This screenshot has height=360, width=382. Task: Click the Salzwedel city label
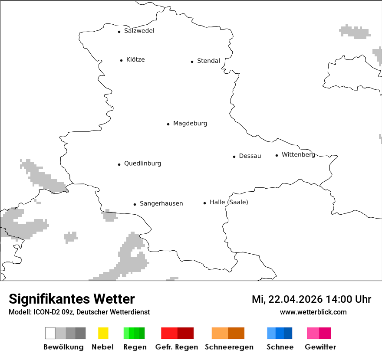139,31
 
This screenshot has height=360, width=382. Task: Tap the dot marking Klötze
121,60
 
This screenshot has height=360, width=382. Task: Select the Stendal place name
208,61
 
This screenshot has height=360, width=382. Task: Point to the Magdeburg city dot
168,124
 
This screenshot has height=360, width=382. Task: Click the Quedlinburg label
142,164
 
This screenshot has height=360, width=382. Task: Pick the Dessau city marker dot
234,157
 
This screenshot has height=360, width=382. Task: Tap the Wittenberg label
298,155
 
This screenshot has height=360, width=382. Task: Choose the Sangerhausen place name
161,203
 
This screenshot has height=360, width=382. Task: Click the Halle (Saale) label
229,202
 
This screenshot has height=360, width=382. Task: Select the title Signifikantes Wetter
72,299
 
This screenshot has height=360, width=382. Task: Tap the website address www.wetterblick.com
313,312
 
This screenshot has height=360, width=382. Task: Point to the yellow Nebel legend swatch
103,333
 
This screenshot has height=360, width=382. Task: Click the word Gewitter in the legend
320,347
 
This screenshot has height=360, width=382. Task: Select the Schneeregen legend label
229,347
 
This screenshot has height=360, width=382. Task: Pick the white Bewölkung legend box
50,333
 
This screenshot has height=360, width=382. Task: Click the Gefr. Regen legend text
177,347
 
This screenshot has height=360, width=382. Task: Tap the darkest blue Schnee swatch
288,333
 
